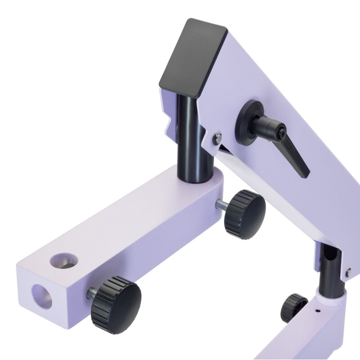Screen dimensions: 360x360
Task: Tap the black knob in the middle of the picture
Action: coord(245,214)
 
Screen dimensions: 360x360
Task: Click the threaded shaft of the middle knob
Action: coord(221,205)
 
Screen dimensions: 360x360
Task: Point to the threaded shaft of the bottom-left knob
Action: coord(91,294)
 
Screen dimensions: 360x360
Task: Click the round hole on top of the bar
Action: coord(64,261)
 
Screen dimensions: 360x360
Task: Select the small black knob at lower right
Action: coord(294,308)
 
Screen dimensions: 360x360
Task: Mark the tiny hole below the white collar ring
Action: coord(317,310)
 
